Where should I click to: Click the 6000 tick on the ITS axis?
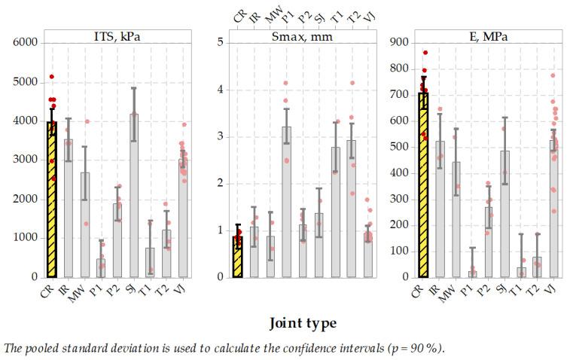[x=25, y=43]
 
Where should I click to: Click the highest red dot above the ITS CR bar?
[x=51, y=77]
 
